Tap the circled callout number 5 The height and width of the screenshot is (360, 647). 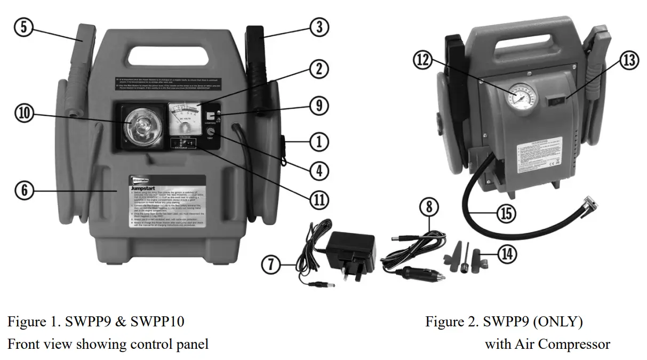click(x=23, y=27)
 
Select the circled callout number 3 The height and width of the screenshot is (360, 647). click(x=319, y=27)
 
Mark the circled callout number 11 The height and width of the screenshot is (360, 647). click(x=319, y=199)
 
